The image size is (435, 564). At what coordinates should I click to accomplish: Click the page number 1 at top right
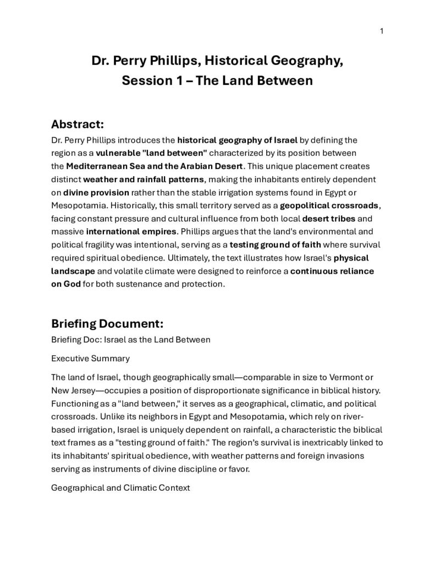pyautogui.click(x=381, y=31)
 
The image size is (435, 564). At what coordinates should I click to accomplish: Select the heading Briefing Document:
pyautogui.click(x=107, y=323)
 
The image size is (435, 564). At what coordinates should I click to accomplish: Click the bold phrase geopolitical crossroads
pyautogui.click(x=329, y=206)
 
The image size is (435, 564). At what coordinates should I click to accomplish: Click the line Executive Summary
pyautogui.click(x=90, y=359)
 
